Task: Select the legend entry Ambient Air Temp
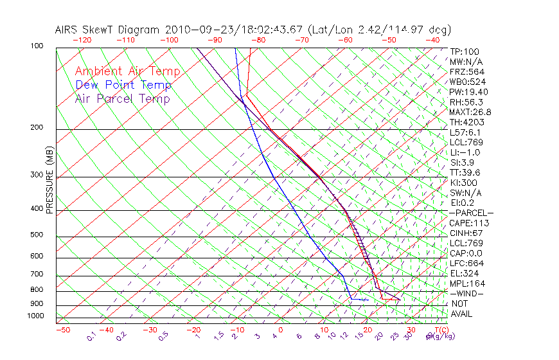coord(127,71)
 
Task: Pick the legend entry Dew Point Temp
coord(123,85)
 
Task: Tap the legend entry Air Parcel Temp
coord(122,98)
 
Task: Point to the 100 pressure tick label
coord(37,46)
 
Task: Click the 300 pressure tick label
coord(37,175)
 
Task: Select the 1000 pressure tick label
coord(35,316)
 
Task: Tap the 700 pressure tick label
coord(37,274)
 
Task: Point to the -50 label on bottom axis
coord(62,330)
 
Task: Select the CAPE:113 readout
coord(469,223)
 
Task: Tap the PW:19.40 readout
coord(468,92)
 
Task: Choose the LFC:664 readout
coord(466,264)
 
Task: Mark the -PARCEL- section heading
coord(471,213)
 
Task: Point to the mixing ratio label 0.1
coord(91,336)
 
